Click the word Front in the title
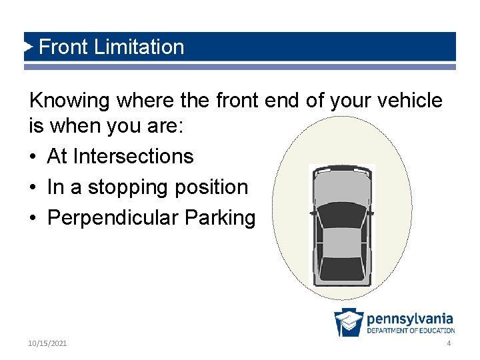[64, 47]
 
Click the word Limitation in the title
[139, 47]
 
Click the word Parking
[220, 218]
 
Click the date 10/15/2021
[47, 343]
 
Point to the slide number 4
[449, 343]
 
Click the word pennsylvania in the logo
[409, 319]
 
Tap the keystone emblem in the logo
[349, 323]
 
